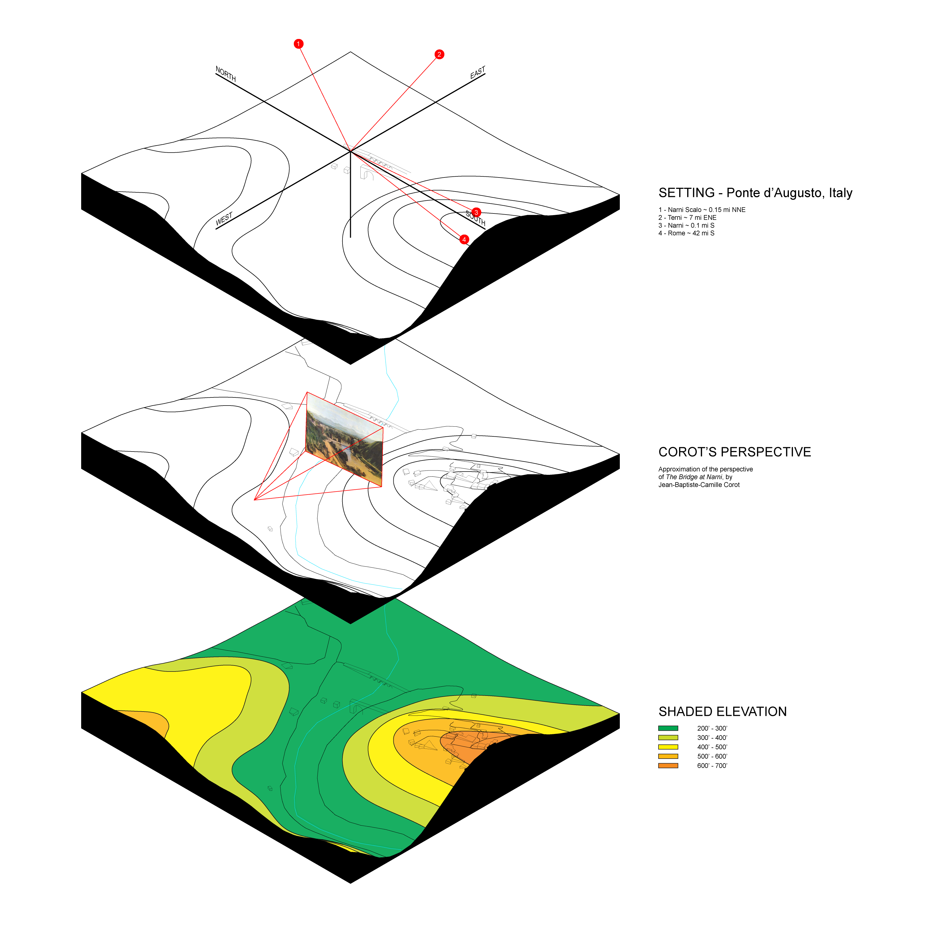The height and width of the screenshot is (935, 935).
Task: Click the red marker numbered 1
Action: (x=299, y=44)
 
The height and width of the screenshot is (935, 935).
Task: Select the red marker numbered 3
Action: (x=476, y=212)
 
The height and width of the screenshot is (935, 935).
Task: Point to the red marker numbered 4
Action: (x=464, y=239)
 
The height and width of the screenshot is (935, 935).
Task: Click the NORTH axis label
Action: (x=226, y=74)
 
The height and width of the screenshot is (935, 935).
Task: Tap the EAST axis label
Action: (x=478, y=73)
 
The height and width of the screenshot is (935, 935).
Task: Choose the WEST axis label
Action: (x=224, y=219)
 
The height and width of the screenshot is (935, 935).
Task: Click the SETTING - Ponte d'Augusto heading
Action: (x=755, y=193)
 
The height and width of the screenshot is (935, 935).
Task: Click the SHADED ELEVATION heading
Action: (x=722, y=712)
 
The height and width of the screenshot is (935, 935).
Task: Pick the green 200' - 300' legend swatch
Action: (x=668, y=728)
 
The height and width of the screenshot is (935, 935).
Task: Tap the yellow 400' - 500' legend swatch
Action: (x=668, y=747)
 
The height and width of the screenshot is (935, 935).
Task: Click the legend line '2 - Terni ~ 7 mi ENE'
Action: (x=687, y=217)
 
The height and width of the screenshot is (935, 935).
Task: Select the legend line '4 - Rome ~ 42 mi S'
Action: (x=686, y=233)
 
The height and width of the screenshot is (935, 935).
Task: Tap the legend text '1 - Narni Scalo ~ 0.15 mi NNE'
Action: (x=702, y=210)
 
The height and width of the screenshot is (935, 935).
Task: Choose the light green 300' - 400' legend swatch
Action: (x=668, y=738)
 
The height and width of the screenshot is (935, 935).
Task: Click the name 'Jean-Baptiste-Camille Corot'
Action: (x=699, y=485)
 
